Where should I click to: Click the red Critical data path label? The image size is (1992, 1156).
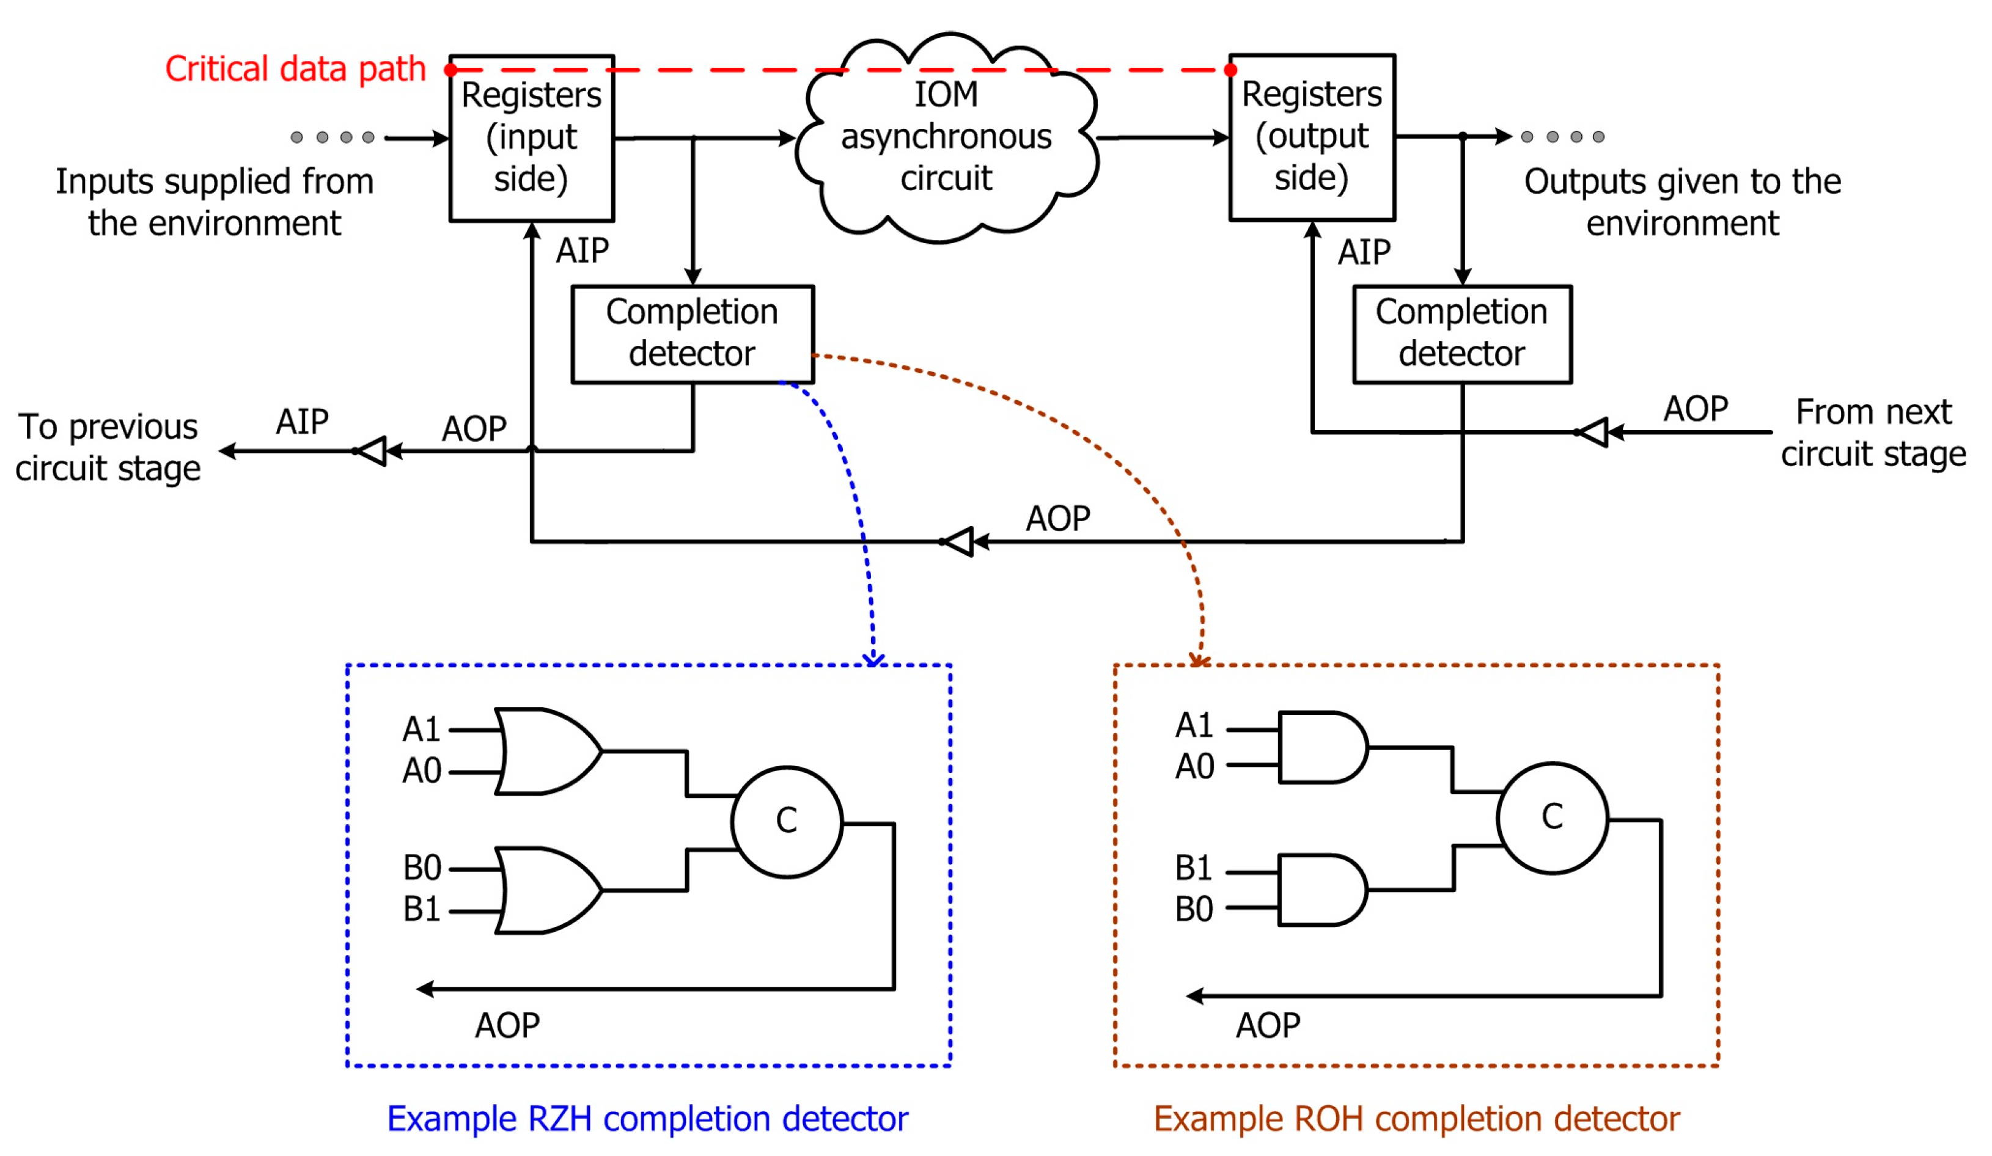point(295,70)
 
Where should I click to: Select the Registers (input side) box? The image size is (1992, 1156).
point(531,138)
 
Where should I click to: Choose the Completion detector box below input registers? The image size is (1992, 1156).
point(693,334)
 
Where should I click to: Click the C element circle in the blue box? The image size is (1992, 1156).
point(787,821)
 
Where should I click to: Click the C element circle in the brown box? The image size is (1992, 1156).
point(1552,817)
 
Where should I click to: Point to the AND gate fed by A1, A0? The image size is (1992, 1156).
point(1321,747)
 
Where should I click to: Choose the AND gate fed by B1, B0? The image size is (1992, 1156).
point(1321,889)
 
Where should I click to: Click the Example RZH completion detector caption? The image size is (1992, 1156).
point(647,1118)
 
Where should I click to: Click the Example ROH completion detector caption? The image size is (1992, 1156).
point(1416,1118)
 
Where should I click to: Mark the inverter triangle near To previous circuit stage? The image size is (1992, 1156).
point(372,451)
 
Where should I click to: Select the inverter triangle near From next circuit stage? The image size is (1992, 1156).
point(1593,432)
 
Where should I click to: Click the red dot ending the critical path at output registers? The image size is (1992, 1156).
point(1230,70)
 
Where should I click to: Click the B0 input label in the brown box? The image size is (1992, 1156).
point(1194,909)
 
